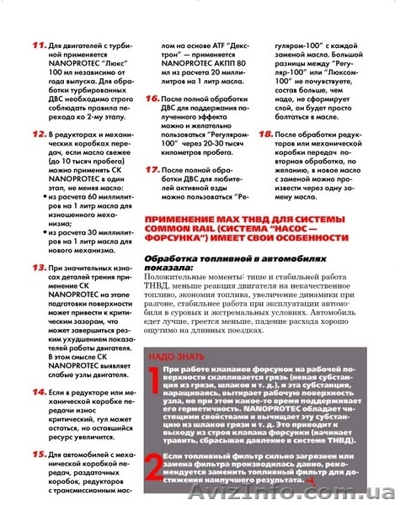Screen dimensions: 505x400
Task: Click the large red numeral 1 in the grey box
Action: point(152,385)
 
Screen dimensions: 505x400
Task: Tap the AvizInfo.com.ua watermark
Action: point(347,493)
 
